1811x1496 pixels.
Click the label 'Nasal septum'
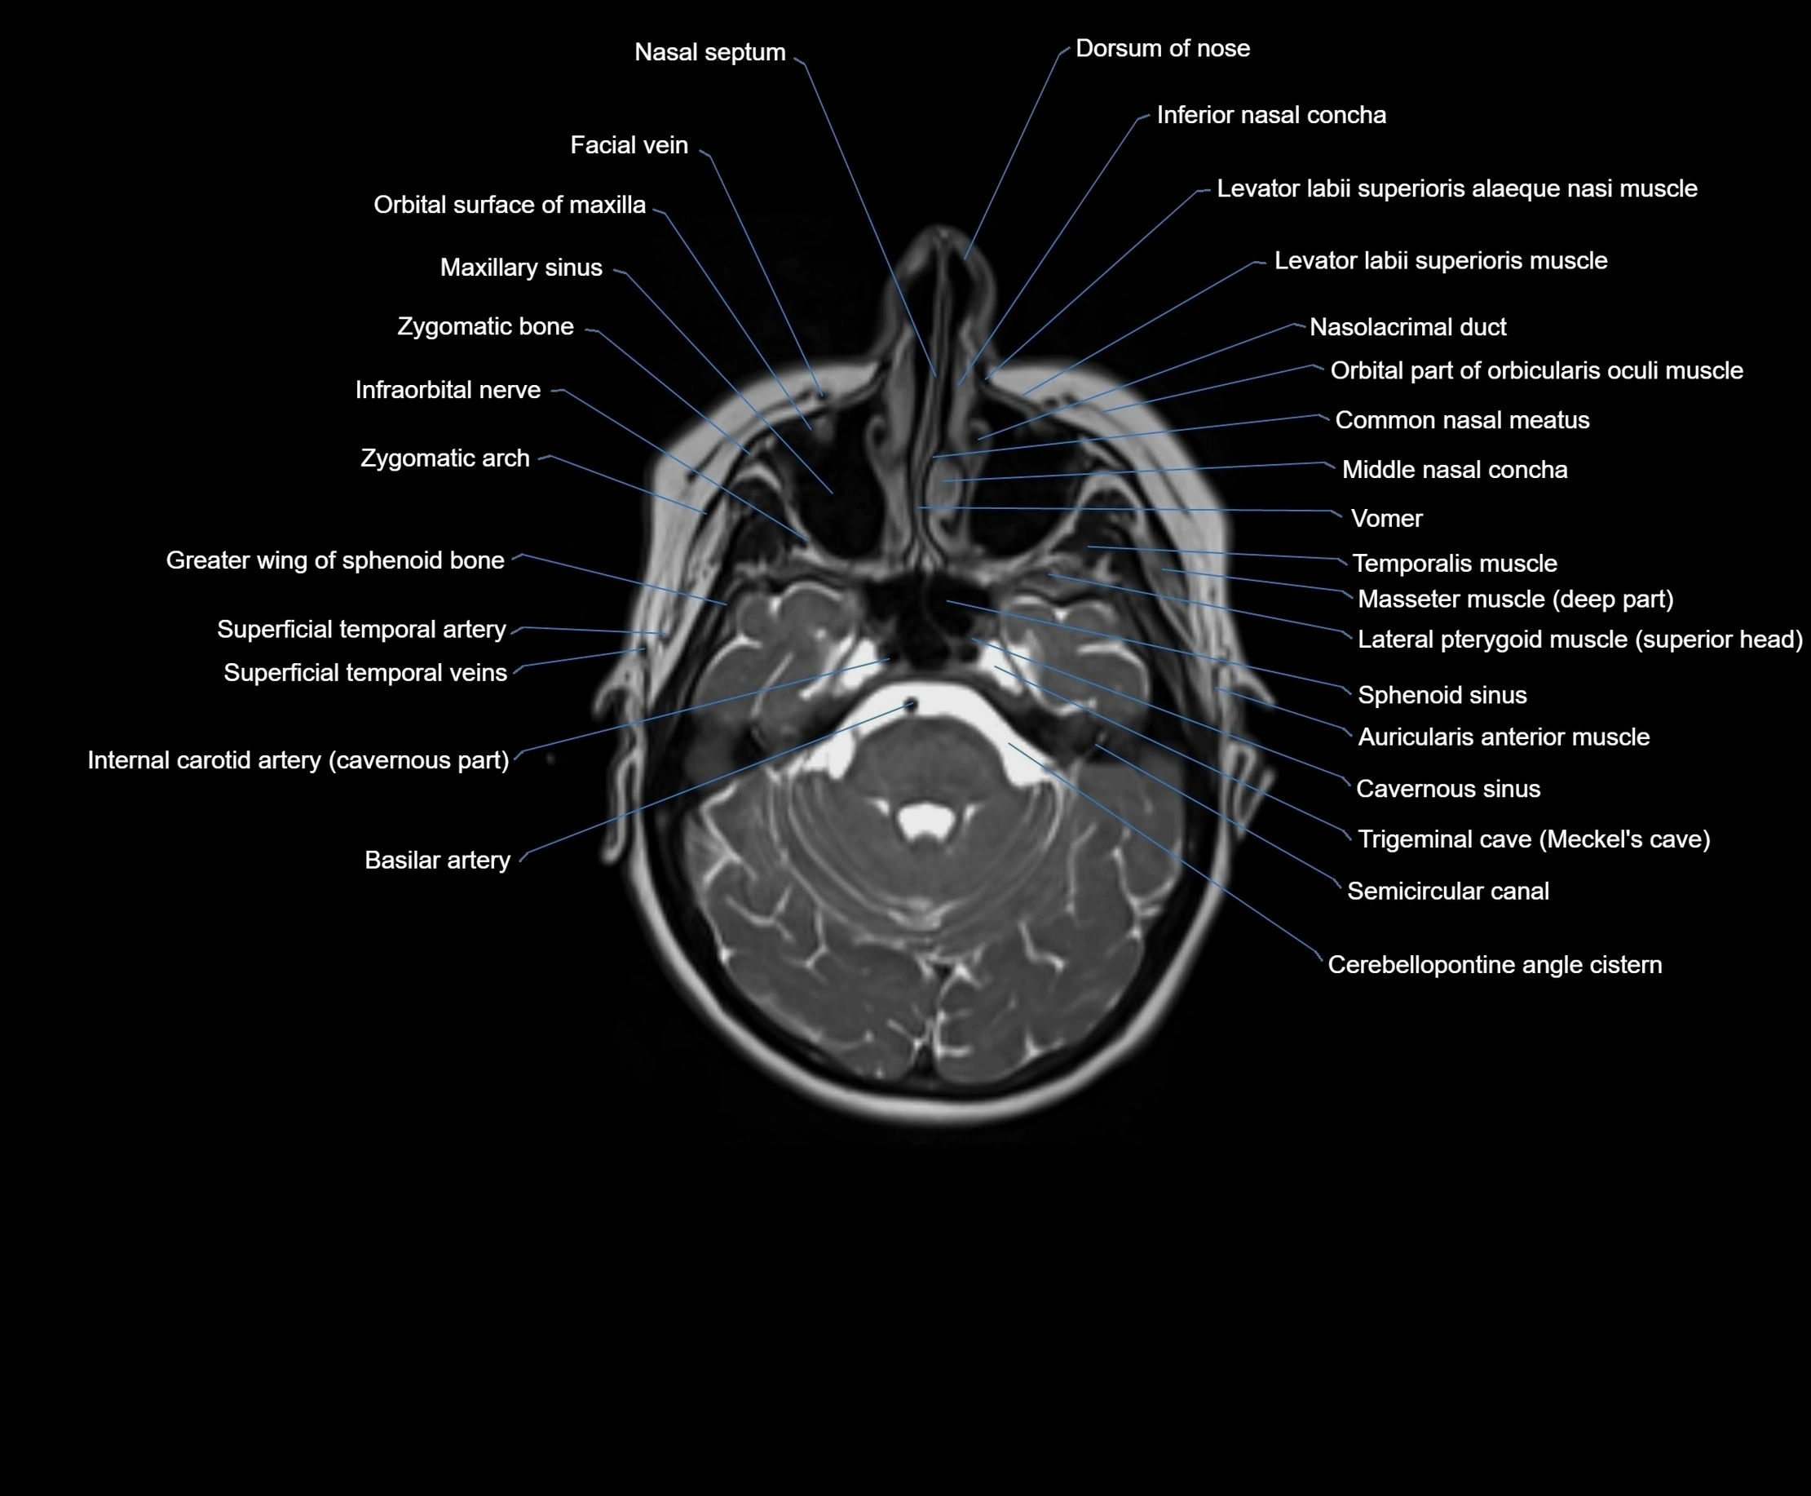click(710, 52)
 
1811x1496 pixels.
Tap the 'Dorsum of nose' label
click(1162, 48)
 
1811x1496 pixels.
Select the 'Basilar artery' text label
click(438, 860)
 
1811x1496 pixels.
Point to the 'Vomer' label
click(1386, 518)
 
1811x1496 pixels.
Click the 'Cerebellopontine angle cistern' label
click(1495, 964)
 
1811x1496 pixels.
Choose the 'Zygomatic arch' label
click(444, 458)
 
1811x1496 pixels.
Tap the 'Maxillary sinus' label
click(521, 268)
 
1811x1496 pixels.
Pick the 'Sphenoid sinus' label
click(1442, 695)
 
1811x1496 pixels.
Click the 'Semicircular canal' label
click(1447, 890)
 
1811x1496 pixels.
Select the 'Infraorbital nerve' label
click(448, 390)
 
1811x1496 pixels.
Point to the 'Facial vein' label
click(629, 144)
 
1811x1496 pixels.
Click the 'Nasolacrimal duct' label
click(1408, 326)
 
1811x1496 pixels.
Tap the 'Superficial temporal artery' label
click(361, 629)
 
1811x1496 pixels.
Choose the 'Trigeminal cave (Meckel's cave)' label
click(1534, 839)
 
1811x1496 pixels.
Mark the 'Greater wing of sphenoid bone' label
click(335, 560)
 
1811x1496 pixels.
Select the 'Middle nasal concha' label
click(1455, 470)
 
